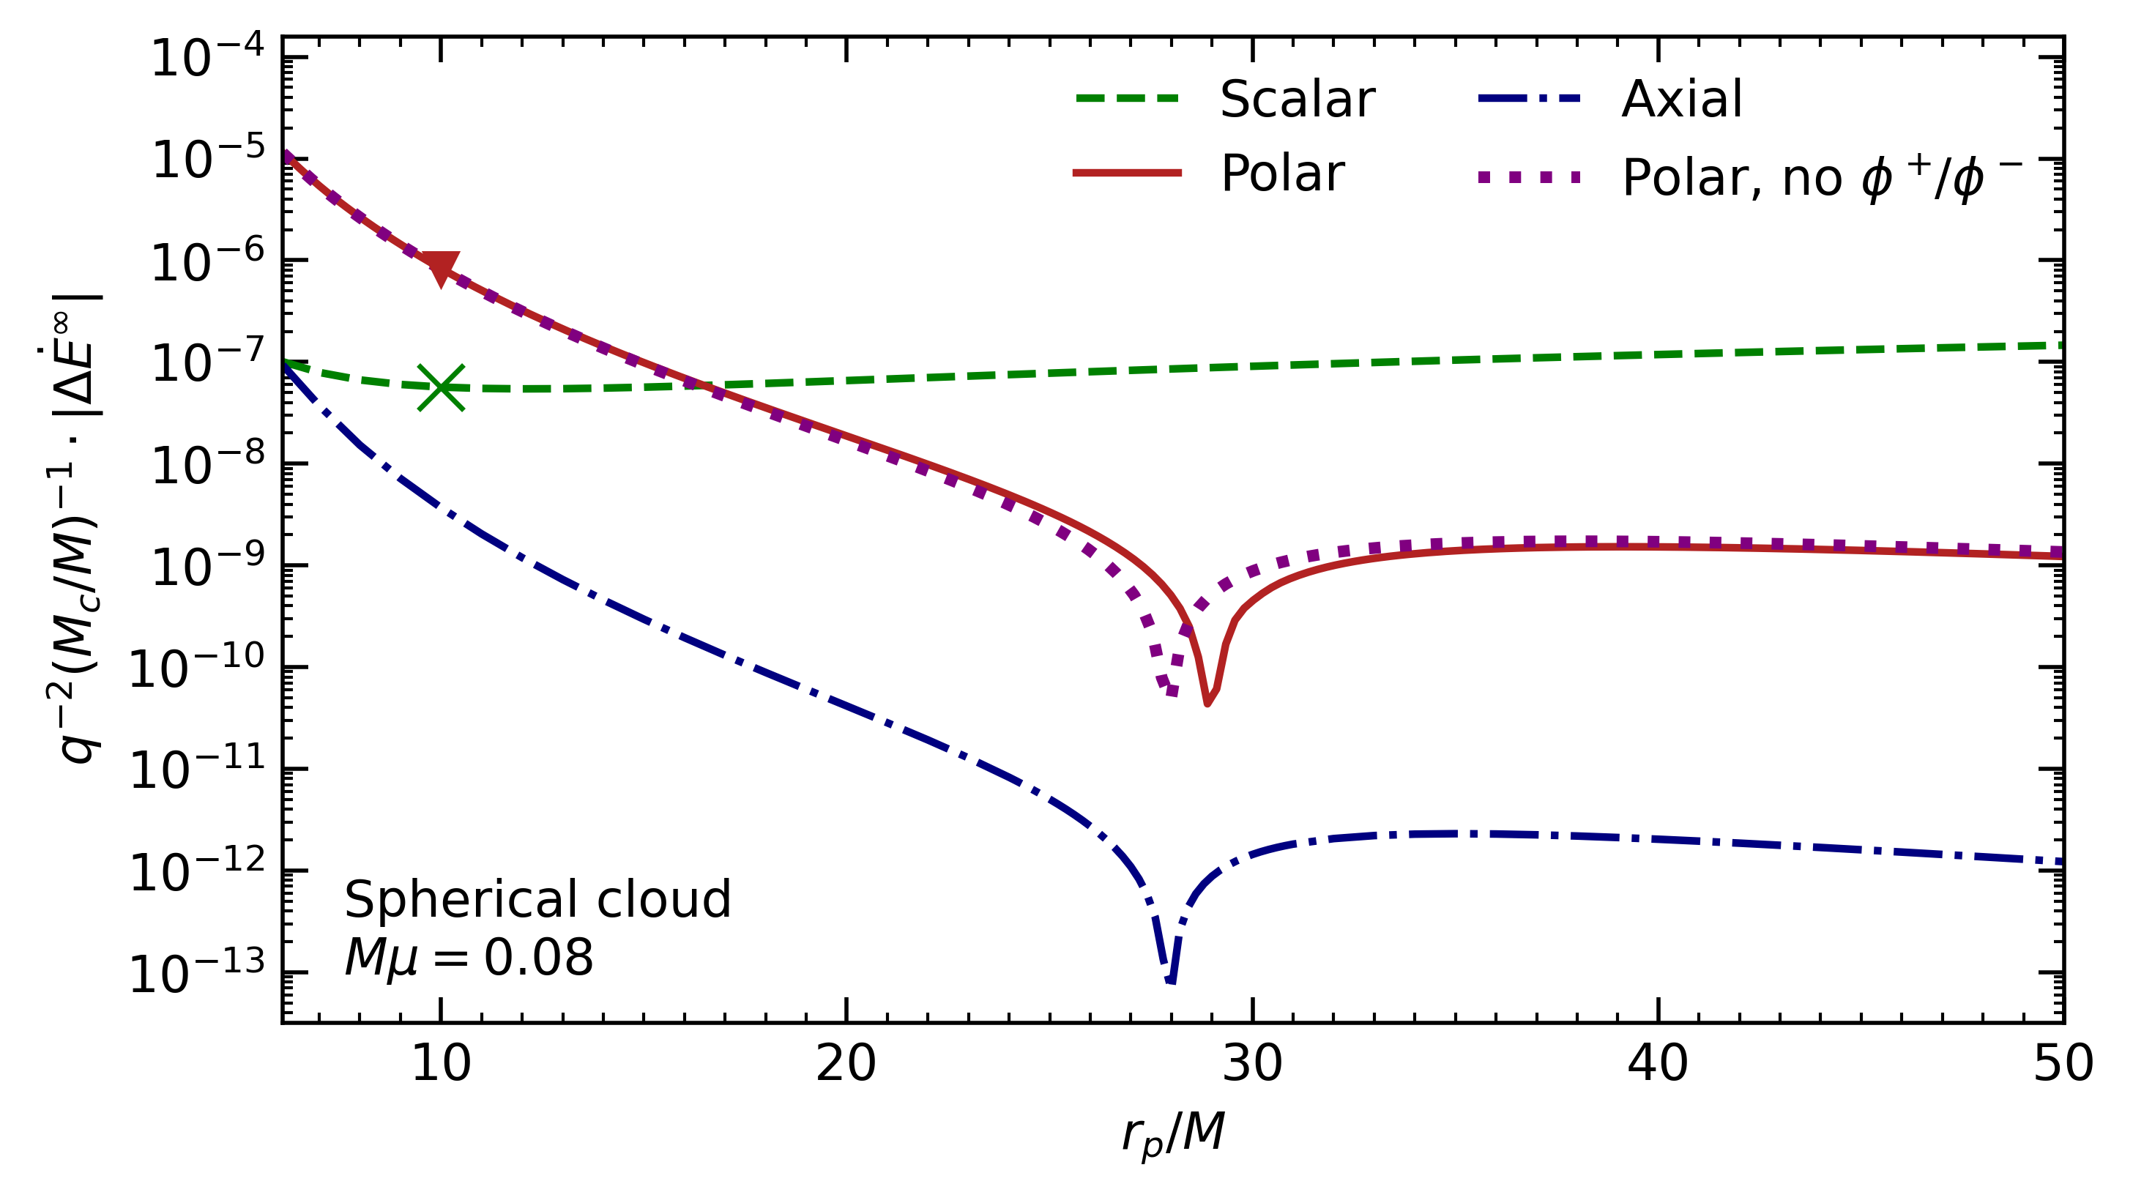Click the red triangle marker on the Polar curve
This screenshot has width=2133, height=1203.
(x=441, y=267)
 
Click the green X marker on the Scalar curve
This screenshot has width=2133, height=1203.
(x=441, y=387)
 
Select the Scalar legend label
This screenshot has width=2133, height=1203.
(x=1297, y=100)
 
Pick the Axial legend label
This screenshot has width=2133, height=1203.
(x=1681, y=100)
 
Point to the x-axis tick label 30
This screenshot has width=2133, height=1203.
(x=1252, y=1064)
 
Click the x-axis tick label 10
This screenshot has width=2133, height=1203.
(x=441, y=1064)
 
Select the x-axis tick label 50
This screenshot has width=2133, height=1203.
(x=2062, y=1064)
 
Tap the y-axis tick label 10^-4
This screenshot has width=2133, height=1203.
(x=207, y=58)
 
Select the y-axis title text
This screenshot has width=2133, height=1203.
(x=76, y=530)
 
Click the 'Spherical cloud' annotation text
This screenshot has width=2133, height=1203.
(x=537, y=900)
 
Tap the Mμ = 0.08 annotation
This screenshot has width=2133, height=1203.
(x=469, y=958)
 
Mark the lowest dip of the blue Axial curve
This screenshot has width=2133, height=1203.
(x=1170, y=981)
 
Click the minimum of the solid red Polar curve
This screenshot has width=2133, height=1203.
(x=1207, y=703)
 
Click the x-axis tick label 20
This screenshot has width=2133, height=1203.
(x=846, y=1064)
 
